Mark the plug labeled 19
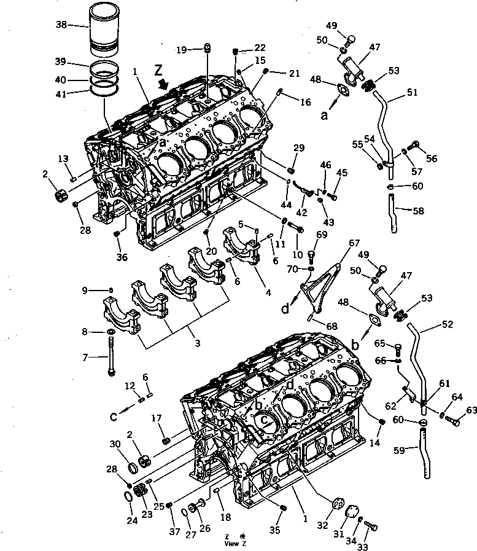click(207, 48)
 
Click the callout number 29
click(298, 148)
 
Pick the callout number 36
click(123, 257)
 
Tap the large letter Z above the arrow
click(159, 68)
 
